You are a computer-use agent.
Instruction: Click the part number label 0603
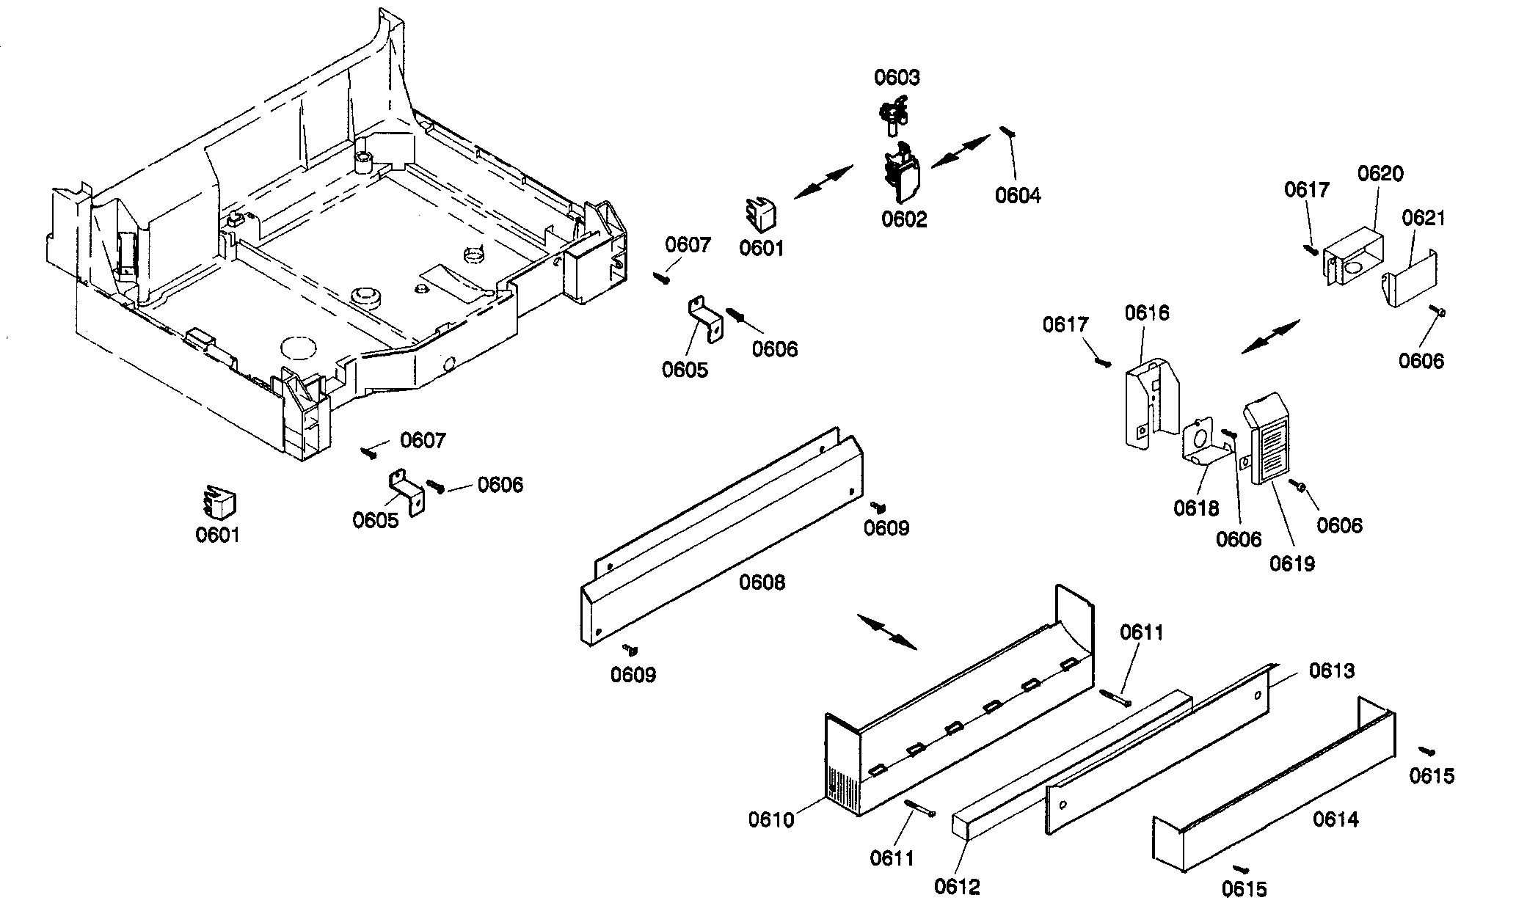coord(897,78)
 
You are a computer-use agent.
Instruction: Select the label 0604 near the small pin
coord(1018,195)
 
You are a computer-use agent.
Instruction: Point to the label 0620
coord(1380,174)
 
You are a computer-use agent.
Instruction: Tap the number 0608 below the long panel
coord(762,582)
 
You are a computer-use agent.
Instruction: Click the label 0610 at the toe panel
coord(771,819)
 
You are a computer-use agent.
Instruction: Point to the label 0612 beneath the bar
coord(957,887)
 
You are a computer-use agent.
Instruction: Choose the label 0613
coord(1332,670)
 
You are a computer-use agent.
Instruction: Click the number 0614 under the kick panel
coord(1335,819)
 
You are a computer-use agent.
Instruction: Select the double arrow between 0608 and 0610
coord(887,632)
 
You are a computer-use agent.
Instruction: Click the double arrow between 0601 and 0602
coord(823,182)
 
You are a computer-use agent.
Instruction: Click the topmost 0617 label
coord(1307,190)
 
